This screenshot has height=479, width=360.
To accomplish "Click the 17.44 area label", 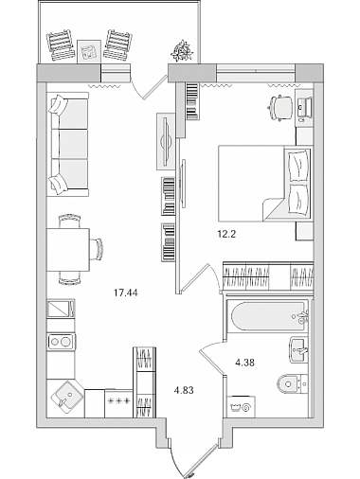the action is click(x=126, y=293).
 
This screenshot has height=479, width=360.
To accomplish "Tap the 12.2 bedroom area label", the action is click(x=226, y=234).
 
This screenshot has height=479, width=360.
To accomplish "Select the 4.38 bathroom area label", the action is click(x=244, y=363).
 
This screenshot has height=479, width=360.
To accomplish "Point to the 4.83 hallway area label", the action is click(x=184, y=390).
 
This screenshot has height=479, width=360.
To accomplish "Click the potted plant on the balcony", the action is click(x=182, y=50).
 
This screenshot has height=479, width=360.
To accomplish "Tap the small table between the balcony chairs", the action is click(x=89, y=51).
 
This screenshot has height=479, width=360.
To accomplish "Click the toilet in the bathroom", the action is click(x=292, y=383).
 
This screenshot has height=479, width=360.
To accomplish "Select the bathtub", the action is click(x=268, y=317).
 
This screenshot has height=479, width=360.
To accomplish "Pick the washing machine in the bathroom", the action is click(x=242, y=407).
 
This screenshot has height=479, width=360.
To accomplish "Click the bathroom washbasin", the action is click(x=297, y=349).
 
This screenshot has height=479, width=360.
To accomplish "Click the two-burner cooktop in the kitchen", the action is click(x=62, y=342).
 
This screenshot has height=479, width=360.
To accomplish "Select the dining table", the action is click(x=68, y=250).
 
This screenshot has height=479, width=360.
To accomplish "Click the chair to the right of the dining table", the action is click(x=97, y=249).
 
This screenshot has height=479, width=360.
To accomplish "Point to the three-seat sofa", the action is click(x=67, y=144).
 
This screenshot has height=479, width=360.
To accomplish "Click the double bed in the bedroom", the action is click(x=265, y=183).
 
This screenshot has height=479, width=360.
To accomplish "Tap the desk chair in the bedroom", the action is click(x=280, y=107).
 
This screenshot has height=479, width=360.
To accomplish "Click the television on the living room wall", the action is click(x=166, y=141).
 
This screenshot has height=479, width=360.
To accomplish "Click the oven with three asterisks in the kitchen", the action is click(x=118, y=403).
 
